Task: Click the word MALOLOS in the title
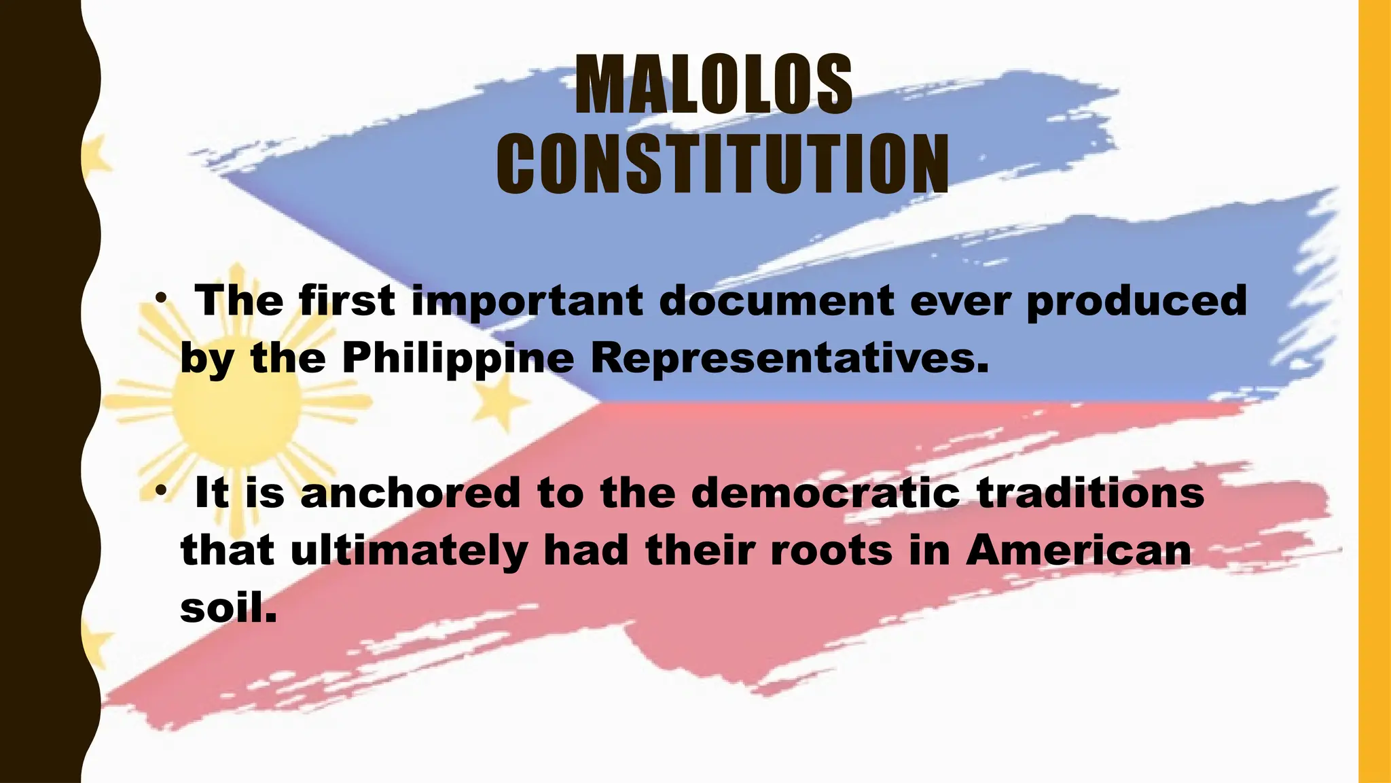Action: pyautogui.click(x=713, y=85)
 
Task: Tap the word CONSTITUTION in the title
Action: pyautogui.click(x=722, y=164)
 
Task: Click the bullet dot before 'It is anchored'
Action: pyautogui.click(x=160, y=490)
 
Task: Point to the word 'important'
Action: pyautogui.click(x=528, y=301)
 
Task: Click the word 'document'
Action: pyautogui.click(x=776, y=300)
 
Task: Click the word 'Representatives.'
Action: pyautogui.click(x=790, y=358)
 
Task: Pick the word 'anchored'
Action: pyautogui.click(x=410, y=493)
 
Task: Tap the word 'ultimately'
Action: pyautogui.click(x=409, y=551)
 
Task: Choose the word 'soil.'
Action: pyautogui.click(x=229, y=607)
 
